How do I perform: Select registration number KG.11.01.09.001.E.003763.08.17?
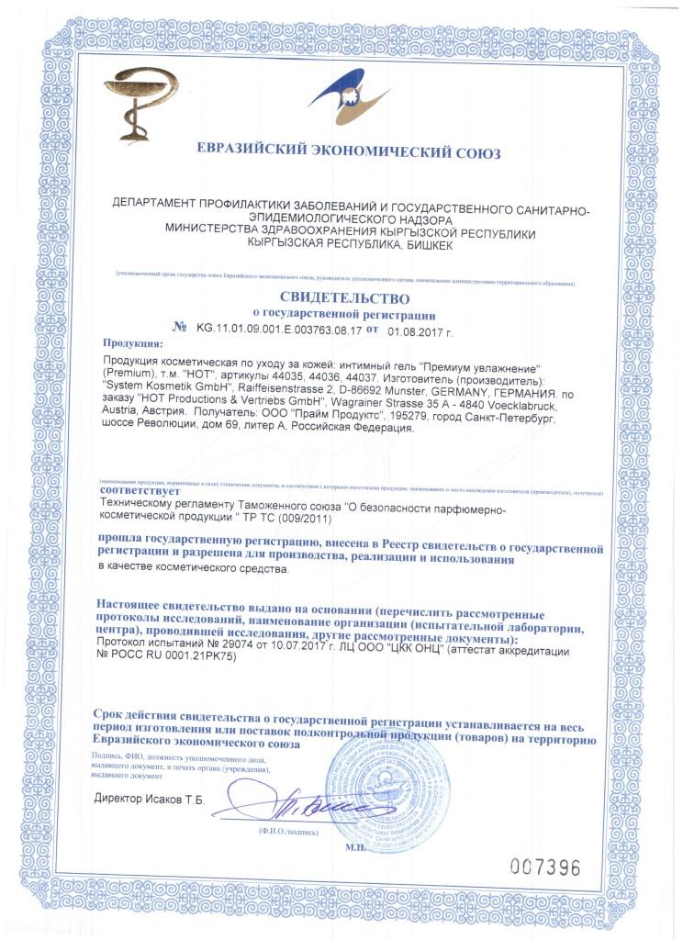tap(278, 328)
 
